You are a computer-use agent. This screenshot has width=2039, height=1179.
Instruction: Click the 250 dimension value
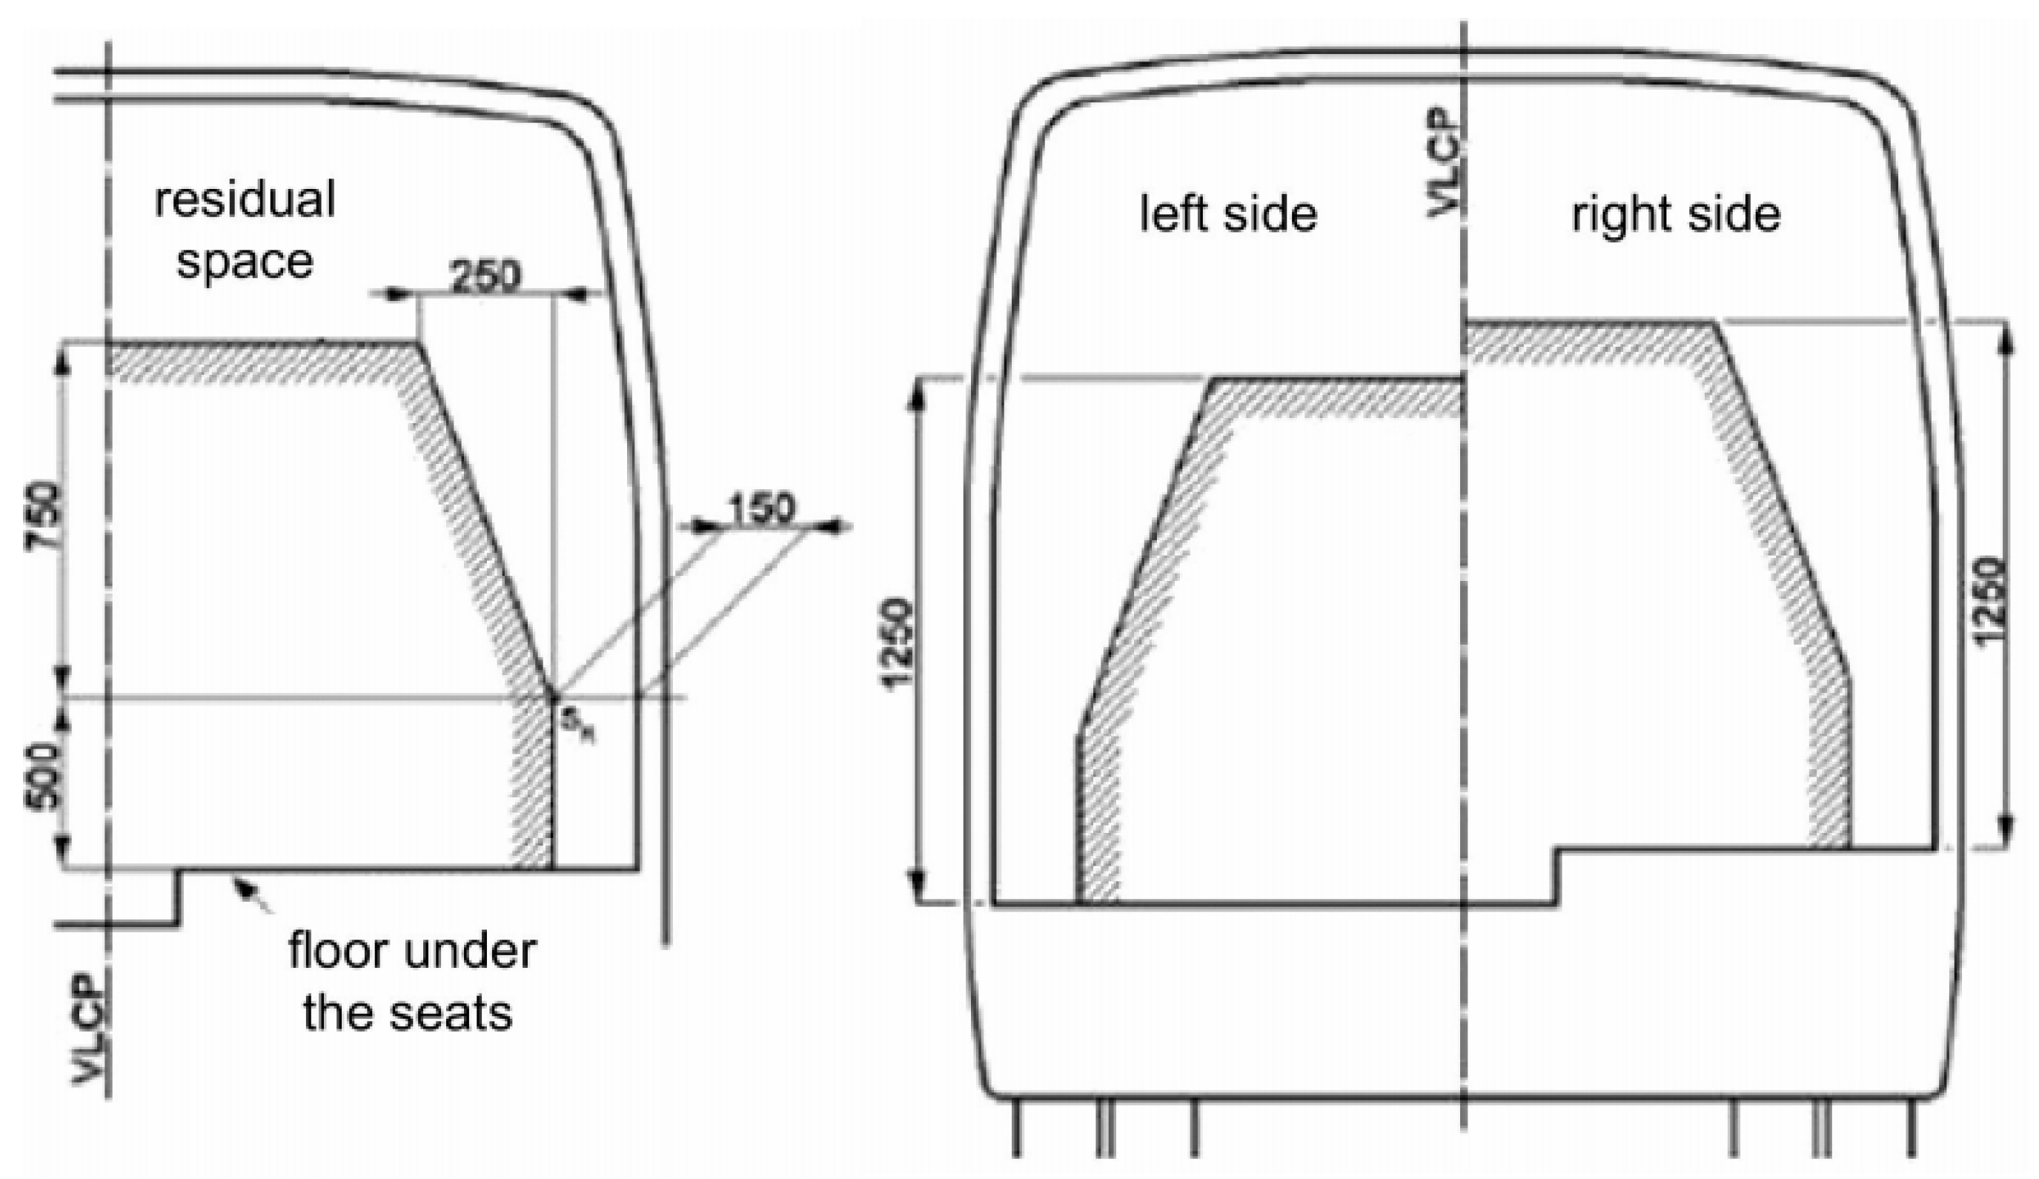pos(486,276)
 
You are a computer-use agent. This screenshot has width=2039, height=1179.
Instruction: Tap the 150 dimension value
pos(762,509)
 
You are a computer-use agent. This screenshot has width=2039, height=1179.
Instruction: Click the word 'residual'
pos(245,199)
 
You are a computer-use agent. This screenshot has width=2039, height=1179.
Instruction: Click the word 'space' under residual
pos(245,262)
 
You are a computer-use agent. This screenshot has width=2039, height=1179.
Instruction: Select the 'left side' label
pos(1227,213)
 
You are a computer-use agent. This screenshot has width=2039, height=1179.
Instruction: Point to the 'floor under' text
pos(412,951)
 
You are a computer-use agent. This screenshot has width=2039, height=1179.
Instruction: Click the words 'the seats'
pos(408,1012)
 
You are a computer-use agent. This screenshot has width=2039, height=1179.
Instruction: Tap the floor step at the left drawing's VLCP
pos(178,897)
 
